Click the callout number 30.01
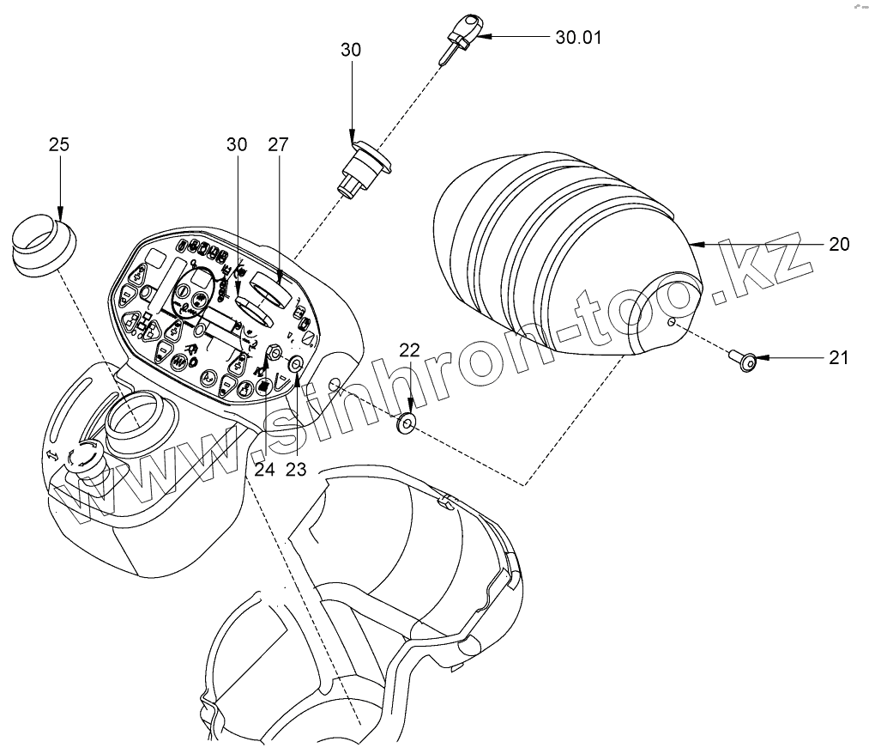point(580,38)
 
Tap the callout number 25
point(59,144)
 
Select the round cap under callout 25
point(42,245)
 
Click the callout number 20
point(839,245)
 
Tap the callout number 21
point(840,357)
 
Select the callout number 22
point(410,350)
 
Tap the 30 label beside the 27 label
point(237,144)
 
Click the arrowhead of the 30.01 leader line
point(483,38)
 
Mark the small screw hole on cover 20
point(672,323)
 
